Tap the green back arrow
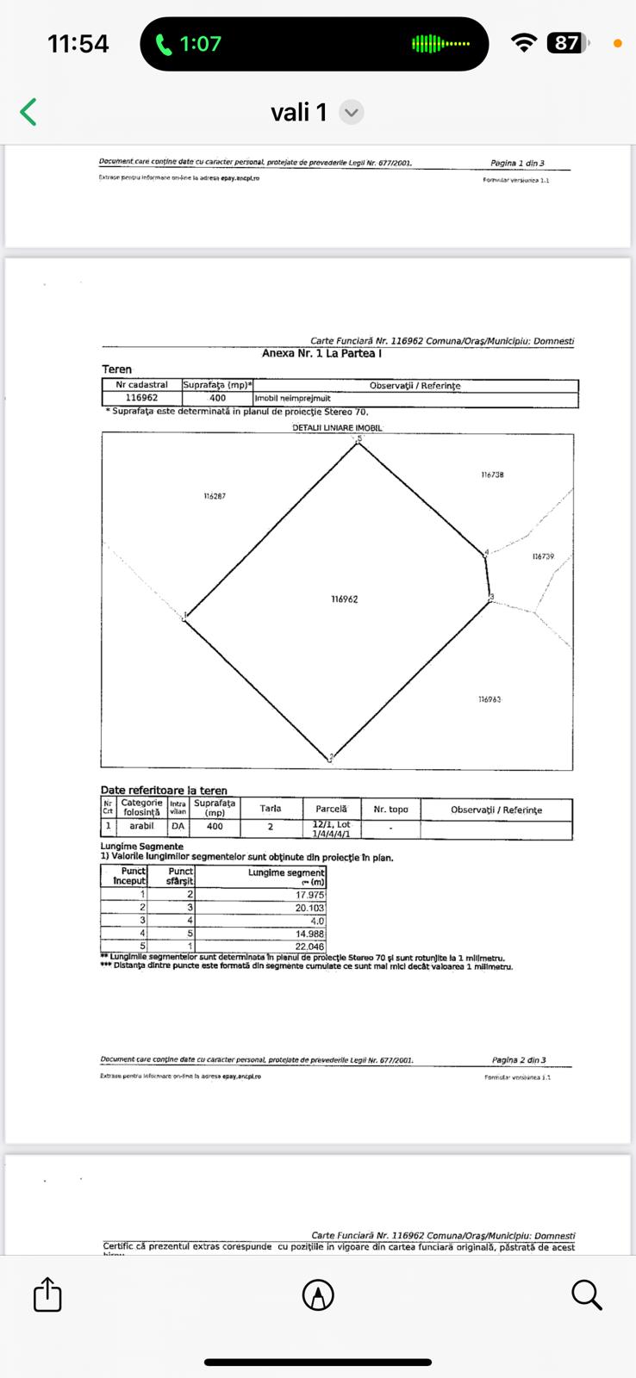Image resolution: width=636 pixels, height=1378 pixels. click(x=28, y=112)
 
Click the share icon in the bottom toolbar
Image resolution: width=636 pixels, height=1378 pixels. click(x=47, y=1294)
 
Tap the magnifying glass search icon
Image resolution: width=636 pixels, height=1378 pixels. click(x=586, y=1294)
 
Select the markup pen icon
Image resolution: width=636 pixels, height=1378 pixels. click(x=318, y=1294)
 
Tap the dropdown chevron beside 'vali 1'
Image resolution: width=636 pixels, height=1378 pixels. click(x=351, y=113)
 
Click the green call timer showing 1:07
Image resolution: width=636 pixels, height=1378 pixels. click(x=189, y=44)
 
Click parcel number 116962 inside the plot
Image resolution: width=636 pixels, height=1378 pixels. click(x=344, y=599)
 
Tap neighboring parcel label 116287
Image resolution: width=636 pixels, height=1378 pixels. click(x=215, y=496)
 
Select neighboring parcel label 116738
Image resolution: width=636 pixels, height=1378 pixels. click(x=492, y=475)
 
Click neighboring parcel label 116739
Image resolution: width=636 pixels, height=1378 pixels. click(x=543, y=557)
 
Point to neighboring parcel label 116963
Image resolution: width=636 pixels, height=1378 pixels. click(x=489, y=699)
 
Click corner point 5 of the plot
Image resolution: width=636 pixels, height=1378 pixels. click(x=359, y=440)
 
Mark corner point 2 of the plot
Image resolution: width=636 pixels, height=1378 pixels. click(x=331, y=757)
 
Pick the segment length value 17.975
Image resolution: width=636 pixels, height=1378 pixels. click(x=309, y=896)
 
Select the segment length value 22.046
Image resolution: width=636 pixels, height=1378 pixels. click(x=309, y=947)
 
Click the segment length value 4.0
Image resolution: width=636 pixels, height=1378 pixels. click(x=317, y=921)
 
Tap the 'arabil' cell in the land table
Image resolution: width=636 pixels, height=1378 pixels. click(x=141, y=826)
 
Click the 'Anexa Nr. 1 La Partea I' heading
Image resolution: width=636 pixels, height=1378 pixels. click(x=321, y=353)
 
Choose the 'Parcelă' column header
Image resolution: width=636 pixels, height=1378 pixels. click(x=331, y=810)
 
